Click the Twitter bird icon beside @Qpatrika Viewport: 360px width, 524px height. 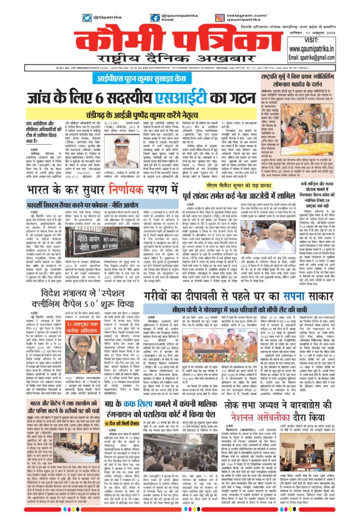tap(86, 18)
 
